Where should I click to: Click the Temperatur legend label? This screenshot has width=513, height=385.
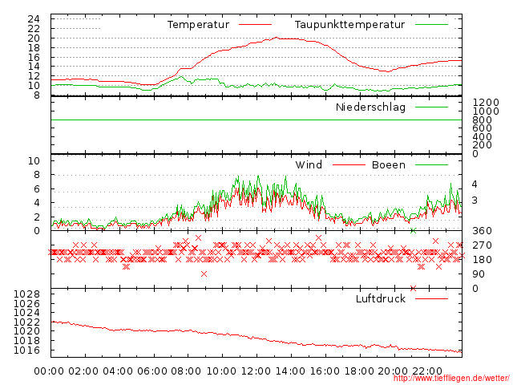tap(197, 25)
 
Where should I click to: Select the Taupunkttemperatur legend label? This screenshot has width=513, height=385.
tap(349, 25)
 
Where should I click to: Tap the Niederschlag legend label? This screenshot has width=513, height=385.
tap(370, 107)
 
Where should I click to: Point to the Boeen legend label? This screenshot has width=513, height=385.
tap(389, 165)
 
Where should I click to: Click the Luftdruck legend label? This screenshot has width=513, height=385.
tap(381, 299)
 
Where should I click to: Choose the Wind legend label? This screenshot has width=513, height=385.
tap(309, 165)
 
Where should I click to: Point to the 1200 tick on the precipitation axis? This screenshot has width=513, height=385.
tap(485, 102)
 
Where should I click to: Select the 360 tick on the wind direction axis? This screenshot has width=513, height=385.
tap(481, 231)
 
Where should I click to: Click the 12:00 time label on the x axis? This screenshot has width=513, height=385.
tap(256, 371)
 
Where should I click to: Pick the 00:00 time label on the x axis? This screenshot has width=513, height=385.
tap(50, 371)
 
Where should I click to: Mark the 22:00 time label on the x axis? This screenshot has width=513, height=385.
tap(428, 371)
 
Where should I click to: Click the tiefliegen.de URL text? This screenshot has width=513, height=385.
tap(451, 378)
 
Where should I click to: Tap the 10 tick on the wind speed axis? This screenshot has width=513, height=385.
tap(34, 161)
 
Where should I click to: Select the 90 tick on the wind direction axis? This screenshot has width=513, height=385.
tap(478, 274)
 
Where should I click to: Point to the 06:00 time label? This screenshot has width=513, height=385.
tap(152, 371)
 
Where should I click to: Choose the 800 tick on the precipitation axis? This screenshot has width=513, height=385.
tap(482, 120)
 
